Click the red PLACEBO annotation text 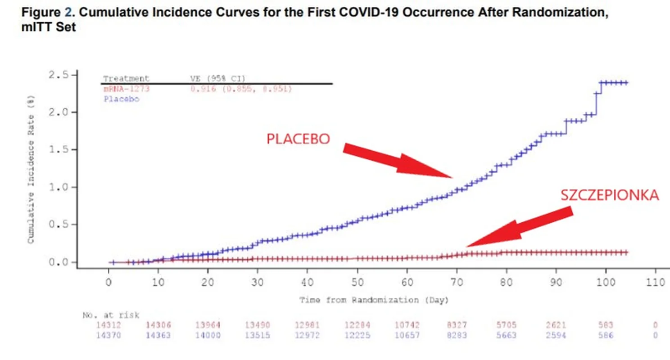(298, 139)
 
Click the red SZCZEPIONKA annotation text (610, 195)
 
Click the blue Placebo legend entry (121, 99)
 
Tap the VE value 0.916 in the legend (200, 89)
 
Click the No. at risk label (111, 315)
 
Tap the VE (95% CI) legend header (218, 79)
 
